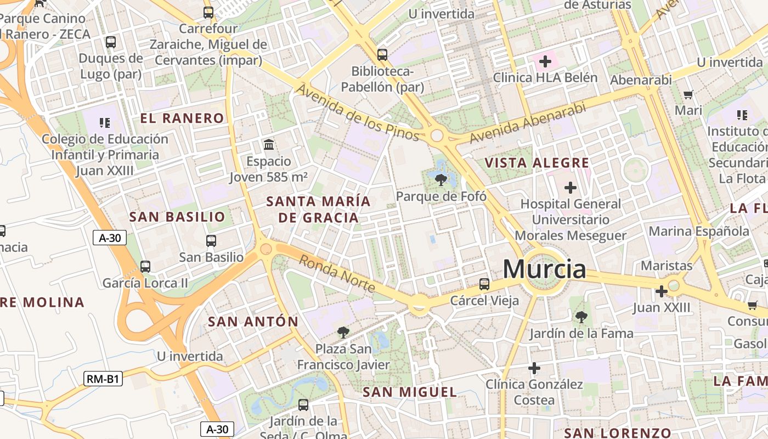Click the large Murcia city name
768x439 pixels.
(x=544, y=269)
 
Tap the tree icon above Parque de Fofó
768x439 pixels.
(x=441, y=179)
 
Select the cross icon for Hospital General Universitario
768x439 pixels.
(x=571, y=188)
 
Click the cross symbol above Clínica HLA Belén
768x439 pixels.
(x=545, y=61)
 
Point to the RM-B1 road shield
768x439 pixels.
(x=103, y=379)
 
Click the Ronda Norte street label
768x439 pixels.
(x=337, y=274)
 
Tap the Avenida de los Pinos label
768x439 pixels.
(x=358, y=112)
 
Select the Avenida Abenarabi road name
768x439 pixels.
(x=528, y=123)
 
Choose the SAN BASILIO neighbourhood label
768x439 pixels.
(x=177, y=217)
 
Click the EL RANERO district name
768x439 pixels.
(x=182, y=118)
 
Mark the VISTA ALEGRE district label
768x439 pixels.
(x=537, y=163)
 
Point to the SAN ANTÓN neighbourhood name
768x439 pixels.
(x=253, y=322)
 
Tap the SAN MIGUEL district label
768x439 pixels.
(x=410, y=392)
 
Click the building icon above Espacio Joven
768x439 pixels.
(x=269, y=145)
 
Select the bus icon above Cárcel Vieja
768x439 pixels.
(x=484, y=284)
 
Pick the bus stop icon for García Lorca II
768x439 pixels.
(x=145, y=267)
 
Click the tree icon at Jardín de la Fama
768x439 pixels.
(x=581, y=317)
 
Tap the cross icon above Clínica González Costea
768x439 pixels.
(x=534, y=368)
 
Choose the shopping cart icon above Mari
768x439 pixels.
(x=688, y=94)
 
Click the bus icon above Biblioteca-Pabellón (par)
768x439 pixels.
(x=382, y=55)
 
